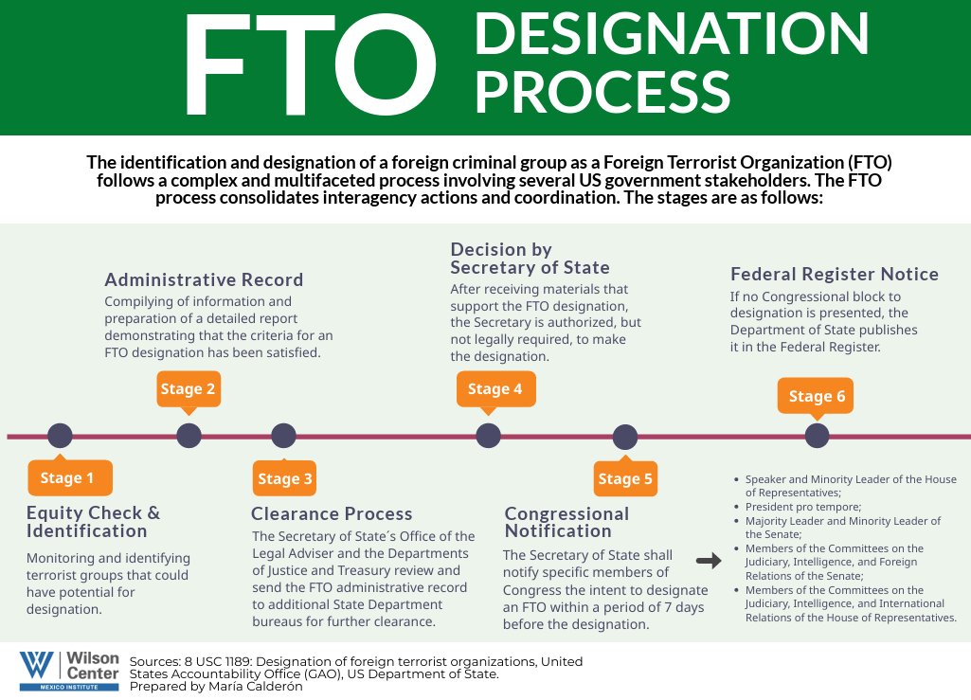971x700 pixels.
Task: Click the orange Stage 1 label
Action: (x=69, y=478)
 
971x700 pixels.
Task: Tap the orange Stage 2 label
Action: (x=188, y=389)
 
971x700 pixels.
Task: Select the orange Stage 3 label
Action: (x=284, y=478)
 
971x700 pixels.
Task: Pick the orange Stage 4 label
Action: (x=494, y=389)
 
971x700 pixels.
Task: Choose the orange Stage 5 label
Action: (x=625, y=478)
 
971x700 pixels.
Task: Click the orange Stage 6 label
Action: (x=817, y=396)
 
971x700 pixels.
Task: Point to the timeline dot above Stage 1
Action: (x=59, y=436)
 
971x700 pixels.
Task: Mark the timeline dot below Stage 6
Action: (x=817, y=436)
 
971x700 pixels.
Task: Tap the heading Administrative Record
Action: (x=204, y=279)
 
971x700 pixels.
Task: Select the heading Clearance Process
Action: (x=332, y=514)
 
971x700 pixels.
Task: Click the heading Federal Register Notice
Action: (x=834, y=275)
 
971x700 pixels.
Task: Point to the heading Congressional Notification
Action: (x=566, y=523)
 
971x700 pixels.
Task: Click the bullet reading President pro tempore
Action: (x=794, y=508)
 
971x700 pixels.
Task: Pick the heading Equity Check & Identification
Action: (x=93, y=522)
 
